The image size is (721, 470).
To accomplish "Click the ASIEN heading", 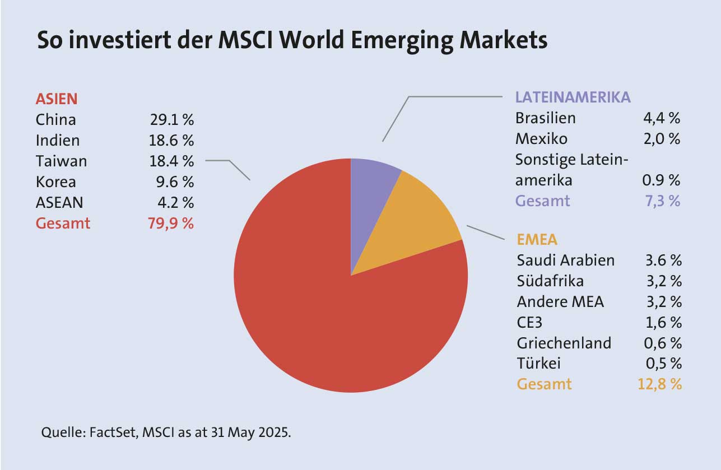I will pos(57,99).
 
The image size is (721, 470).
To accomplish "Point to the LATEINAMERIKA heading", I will pos(573,97).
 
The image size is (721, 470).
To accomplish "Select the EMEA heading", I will pos(537,240).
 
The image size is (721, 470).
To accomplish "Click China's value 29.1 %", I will pos(171,120).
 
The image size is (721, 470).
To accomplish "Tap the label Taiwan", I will pos(61,161).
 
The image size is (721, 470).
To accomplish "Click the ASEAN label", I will pos(59,202).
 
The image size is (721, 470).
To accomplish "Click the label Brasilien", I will pos(545,118).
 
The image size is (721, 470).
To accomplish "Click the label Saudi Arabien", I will pos(565,260).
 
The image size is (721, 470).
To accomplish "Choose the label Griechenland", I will pos(564,343).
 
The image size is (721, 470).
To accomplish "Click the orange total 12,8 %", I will pos(659,384).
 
